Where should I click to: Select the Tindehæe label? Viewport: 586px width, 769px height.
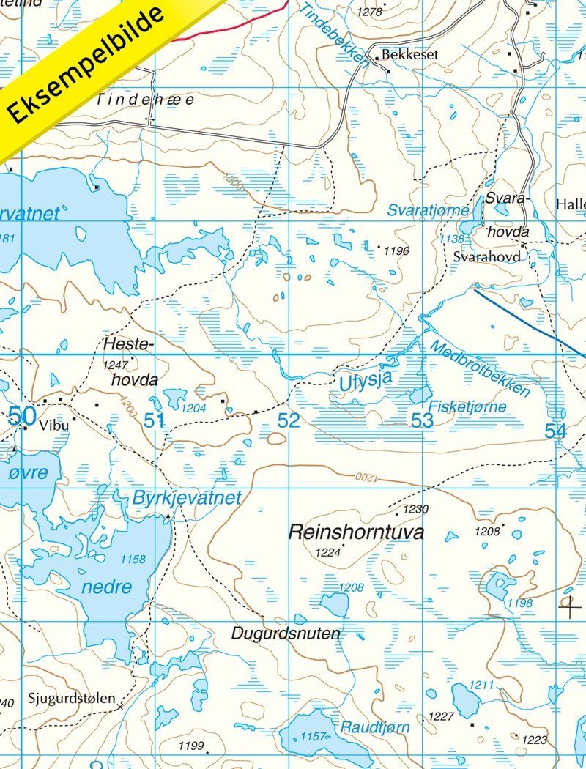coord(146,100)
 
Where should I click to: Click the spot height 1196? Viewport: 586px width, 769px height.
coord(396,251)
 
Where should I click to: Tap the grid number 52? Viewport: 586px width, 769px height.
coord(289,420)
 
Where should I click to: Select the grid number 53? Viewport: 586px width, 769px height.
coord(422,420)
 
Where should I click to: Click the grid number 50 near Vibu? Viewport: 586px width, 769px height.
coord(22,416)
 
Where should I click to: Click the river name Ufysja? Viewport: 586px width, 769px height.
coord(366,381)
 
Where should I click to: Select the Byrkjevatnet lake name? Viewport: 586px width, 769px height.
coord(187,498)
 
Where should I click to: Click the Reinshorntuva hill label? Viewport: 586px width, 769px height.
coord(356,532)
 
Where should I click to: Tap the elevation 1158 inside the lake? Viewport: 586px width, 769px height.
coord(133,560)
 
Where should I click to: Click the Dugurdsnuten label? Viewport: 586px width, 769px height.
coord(286,634)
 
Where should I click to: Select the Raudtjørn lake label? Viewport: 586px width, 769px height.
coord(375,727)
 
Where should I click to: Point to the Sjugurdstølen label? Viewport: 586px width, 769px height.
coord(72,698)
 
